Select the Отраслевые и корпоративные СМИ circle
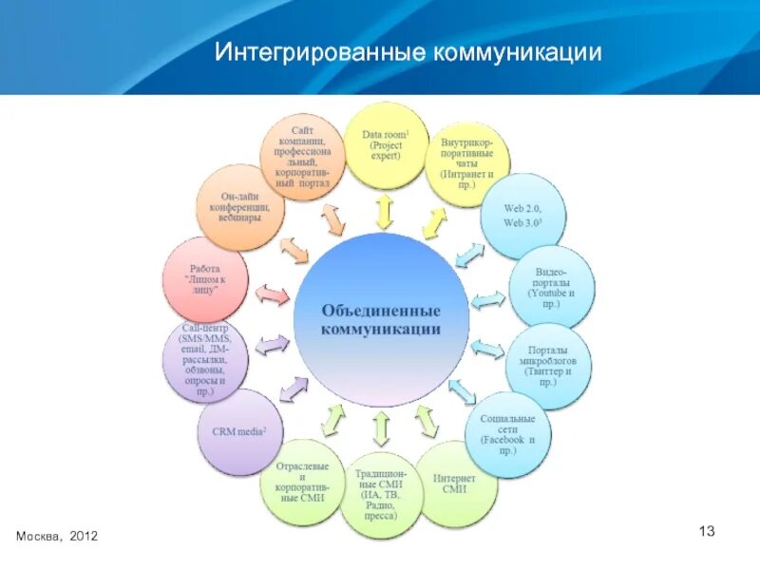302,483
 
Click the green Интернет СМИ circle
455,484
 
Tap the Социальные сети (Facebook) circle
509,433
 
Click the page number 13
706,529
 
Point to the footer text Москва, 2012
56,537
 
